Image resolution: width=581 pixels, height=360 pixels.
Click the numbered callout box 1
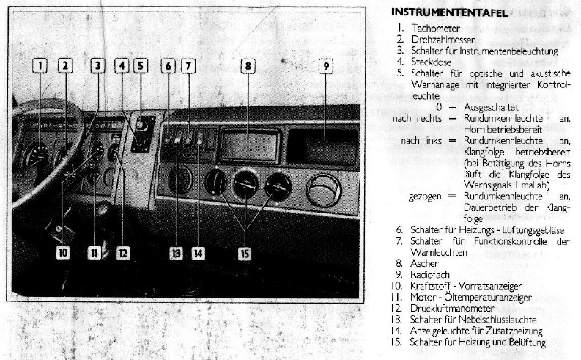click(40, 66)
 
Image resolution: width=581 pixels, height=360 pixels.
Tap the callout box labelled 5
click(141, 66)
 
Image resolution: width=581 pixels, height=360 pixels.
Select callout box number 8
click(248, 67)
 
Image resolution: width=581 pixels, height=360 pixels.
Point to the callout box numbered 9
click(326, 67)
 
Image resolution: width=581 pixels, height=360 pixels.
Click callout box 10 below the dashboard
click(63, 253)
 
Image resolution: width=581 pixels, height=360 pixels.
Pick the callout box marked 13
click(176, 254)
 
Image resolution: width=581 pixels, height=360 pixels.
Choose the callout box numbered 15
click(245, 254)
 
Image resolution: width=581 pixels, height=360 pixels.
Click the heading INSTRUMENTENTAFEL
click(449, 12)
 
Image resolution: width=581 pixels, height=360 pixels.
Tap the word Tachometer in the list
click(435, 28)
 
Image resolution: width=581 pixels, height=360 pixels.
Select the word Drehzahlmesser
click(443, 40)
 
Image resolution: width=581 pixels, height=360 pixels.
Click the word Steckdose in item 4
click(432, 62)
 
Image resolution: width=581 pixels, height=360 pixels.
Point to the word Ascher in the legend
click(424, 264)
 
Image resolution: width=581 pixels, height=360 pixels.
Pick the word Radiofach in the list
click(430, 275)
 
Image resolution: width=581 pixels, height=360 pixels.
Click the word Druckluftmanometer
click(452, 309)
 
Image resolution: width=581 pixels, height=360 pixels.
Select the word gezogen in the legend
click(425, 197)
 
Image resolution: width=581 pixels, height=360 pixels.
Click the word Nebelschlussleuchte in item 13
click(497, 320)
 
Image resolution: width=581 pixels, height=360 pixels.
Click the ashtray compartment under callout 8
click(249, 146)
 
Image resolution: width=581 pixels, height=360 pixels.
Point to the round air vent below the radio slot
click(324, 191)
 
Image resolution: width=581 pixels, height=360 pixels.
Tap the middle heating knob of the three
click(245, 183)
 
